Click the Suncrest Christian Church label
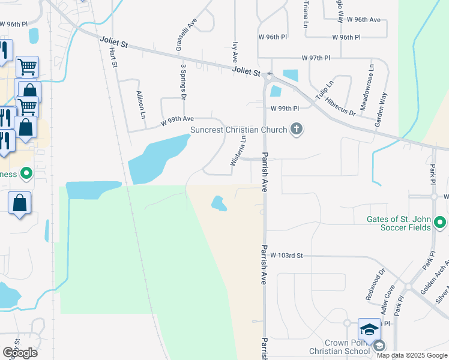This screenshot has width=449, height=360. coord(238,129)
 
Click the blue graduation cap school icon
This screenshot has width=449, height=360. coord(370,329)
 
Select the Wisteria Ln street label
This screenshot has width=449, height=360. coord(238,151)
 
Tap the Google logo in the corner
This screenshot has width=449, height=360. coord(20,353)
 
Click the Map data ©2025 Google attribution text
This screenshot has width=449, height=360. coord(412,355)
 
